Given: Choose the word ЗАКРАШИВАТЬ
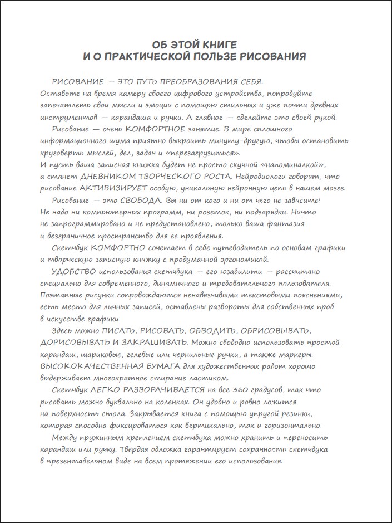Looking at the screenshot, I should (158, 343).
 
